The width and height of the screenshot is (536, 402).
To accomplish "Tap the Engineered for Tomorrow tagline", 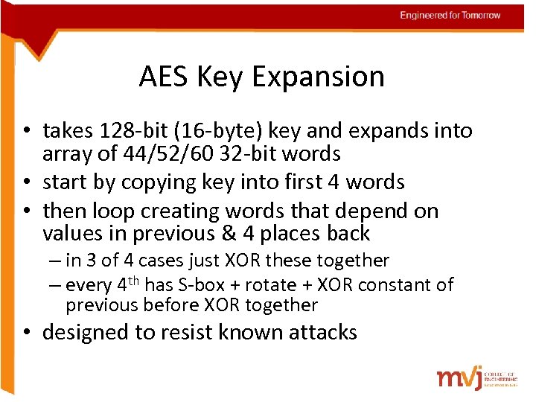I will (x=450, y=16).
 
